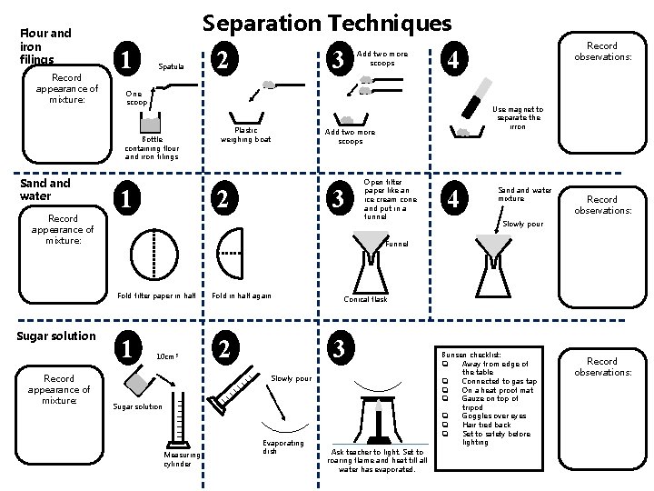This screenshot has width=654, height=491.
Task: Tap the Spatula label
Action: (x=171, y=66)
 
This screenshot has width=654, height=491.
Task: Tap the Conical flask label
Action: (x=365, y=298)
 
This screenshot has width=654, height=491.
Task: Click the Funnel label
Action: (x=397, y=244)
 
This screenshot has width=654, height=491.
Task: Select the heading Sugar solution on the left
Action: (x=57, y=336)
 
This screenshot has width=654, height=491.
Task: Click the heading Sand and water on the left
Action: (x=45, y=189)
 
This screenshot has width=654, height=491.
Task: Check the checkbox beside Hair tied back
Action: (x=446, y=425)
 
